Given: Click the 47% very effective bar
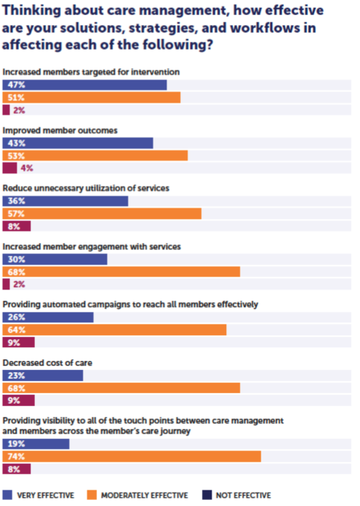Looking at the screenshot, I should click(84, 85).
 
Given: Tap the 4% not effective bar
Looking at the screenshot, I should click(10, 168).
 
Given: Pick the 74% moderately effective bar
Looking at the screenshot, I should click(131, 457).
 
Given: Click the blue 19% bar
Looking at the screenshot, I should click(36, 444).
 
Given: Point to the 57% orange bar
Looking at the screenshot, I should click(102, 214).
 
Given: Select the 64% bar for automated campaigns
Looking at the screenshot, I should click(115, 330).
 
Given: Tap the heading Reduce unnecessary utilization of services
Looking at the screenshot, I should click(86, 188).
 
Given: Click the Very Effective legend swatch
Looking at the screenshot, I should click(7, 495).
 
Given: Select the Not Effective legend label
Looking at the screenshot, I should click(244, 495).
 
